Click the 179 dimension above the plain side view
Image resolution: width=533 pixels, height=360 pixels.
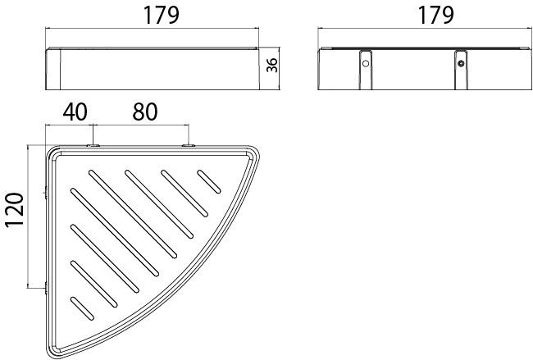(x=161, y=16)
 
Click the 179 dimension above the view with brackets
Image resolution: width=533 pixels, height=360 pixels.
(x=435, y=16)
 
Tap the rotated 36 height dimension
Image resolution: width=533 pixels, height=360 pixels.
(x=272, y=65)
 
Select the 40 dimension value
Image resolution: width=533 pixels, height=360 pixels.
(x=75, y=112)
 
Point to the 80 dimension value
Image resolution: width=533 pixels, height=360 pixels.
(x=145, y=112)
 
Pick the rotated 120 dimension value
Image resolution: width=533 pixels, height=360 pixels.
(x=14, y=209)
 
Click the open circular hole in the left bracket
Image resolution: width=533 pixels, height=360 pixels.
(x=366, y=63)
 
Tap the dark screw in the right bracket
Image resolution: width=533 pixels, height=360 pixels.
(x=461, y=63)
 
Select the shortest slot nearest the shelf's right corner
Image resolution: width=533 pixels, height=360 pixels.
(x=209, y=181)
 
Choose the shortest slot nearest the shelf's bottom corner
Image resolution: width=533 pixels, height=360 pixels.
(x=82, y=308)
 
